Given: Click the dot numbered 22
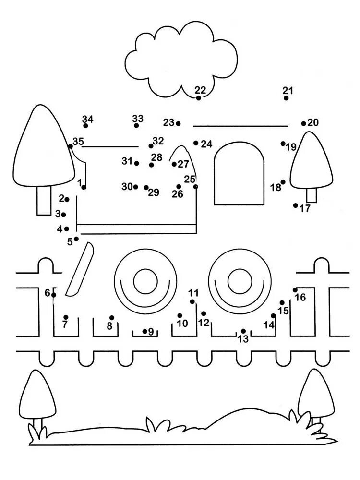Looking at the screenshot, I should coord(199,98).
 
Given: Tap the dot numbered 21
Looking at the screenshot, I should coord(286,98).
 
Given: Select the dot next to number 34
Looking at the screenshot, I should coord(85,126).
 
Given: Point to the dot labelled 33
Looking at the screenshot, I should coord(136,125).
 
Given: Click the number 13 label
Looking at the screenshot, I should coord(243,339).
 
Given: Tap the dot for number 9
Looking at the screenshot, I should coord(144,331).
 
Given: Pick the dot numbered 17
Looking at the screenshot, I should coord(296,205).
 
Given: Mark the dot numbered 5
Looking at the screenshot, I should coord(76,239).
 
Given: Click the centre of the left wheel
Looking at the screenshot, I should coord(143,281).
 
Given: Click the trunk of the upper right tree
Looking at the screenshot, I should coord(312,195).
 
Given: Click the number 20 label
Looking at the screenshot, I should coord(313,122).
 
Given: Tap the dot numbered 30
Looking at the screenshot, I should coord(136,187).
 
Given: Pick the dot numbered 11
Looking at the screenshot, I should coord(192,301).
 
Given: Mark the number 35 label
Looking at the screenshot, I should coord(78,142).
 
